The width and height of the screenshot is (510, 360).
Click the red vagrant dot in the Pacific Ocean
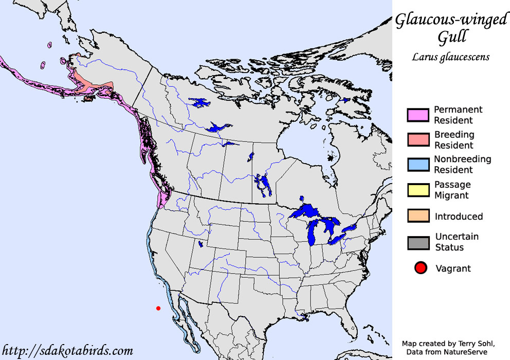[158, 308]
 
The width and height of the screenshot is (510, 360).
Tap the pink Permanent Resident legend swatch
[418, 115]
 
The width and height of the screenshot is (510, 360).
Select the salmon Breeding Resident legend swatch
[418, 140]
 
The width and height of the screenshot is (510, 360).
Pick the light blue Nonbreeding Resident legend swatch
[418, 165]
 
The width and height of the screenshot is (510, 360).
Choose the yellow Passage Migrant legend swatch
[418, 190]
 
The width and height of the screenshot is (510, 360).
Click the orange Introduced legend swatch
[418, 216]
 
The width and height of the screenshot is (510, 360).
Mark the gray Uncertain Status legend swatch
[418, 242]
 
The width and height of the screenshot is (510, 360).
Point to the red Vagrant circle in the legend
[421, 268]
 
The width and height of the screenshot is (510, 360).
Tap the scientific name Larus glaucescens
[450, 57]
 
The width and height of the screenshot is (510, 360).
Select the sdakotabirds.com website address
[67, 351]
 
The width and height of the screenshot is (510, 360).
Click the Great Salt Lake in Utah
[201, 244]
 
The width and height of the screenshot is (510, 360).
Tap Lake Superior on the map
[309, 211]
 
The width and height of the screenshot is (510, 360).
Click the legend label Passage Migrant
[452, 190]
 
